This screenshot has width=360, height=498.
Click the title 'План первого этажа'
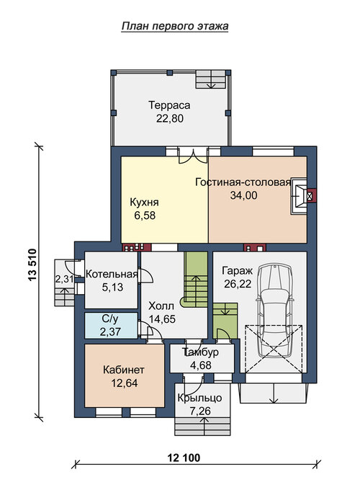coord(175,26)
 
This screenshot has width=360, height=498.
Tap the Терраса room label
coord(170,105)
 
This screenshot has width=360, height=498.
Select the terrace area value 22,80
coord(170,118)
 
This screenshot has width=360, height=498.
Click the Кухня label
coord(144,203)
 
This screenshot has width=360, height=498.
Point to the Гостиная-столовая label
coord(243,182)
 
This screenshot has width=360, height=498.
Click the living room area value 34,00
coord(243,195)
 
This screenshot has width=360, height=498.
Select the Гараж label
coord(238,271)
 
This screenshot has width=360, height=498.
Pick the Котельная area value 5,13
coord(112,288)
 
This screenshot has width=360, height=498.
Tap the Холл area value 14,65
coord(162,319)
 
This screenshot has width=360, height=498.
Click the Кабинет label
coord(124,370)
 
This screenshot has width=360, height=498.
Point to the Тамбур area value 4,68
coord(200,365)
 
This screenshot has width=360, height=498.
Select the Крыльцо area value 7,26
coord(199,412)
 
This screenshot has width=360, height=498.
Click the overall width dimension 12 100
coord(184,458)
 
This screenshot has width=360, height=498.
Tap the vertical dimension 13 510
coord(32,264)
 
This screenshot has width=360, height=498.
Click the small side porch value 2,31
coord(65,279)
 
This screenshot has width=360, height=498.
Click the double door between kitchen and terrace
coord(193,155)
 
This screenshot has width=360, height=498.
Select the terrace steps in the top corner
coord(211,79)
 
